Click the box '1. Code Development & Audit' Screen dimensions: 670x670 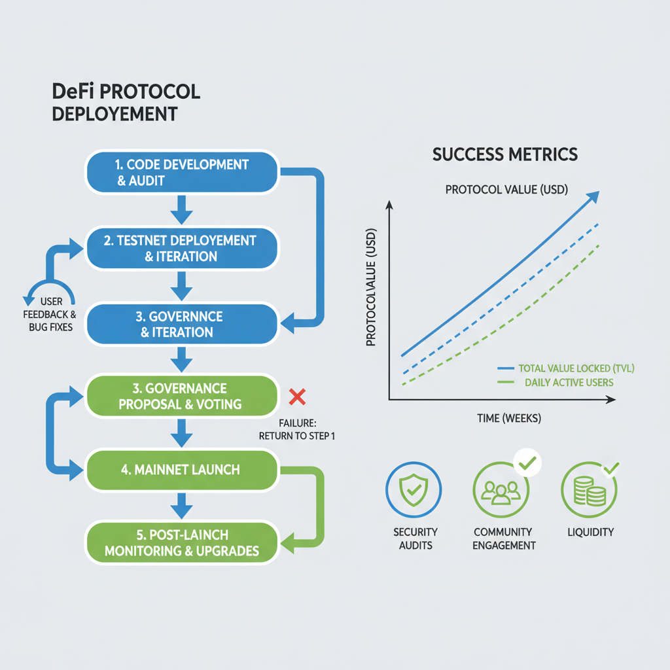pos(183,173)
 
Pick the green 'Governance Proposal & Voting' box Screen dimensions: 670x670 pos(181,397)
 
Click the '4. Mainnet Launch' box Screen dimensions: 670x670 pos(181,469)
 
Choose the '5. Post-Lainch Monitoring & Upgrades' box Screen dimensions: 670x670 pos(181,543)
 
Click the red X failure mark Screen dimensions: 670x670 pos(298,396)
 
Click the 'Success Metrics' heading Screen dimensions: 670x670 pos(504,154)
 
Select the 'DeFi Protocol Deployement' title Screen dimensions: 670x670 pos(125,102)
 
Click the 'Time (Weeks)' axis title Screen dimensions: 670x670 pos(509,418)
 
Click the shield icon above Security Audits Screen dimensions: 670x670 pos(414,490)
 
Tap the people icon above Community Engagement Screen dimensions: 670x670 pos(501,490)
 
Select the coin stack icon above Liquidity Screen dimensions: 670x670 pos(588,490)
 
